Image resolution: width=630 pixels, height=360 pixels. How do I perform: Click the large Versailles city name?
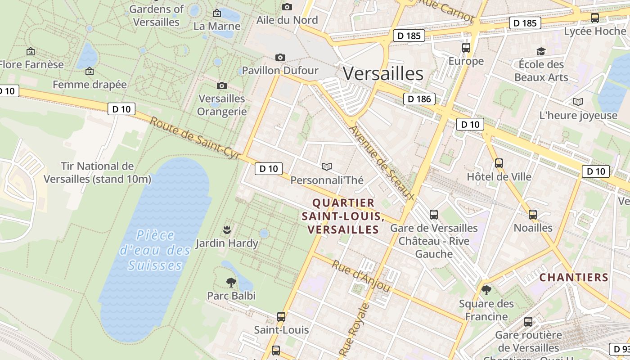point(383,73)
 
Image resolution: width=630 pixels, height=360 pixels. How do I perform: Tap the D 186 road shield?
point(419,99)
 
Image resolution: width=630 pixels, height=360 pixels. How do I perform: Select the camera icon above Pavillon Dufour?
point(280,57)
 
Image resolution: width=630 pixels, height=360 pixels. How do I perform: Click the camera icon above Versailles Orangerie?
point(221,85)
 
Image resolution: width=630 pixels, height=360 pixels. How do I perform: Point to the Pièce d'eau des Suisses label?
point(155,250)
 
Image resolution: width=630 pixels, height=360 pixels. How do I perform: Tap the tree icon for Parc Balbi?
point(231,283)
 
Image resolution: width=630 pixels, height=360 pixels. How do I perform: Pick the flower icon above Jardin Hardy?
point(227,230)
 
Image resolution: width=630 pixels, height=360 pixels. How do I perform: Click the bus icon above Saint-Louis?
point(281,316)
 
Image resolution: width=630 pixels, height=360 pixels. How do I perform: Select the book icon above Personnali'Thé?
point(327,167)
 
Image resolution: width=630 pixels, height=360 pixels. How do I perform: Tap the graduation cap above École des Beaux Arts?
point(541,51)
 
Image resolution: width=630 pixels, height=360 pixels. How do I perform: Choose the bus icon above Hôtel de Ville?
point(499,163)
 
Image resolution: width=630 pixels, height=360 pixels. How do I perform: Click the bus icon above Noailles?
point(533,215)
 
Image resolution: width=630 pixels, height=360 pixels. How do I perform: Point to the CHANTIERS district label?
point(574,277)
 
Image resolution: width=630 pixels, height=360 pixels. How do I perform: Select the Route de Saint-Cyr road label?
point(195,138)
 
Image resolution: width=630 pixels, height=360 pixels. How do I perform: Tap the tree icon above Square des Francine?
point(486,290)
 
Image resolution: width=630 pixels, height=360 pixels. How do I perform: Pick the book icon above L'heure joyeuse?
point(578,102)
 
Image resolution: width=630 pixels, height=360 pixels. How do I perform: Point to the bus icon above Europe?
point(466,47)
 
